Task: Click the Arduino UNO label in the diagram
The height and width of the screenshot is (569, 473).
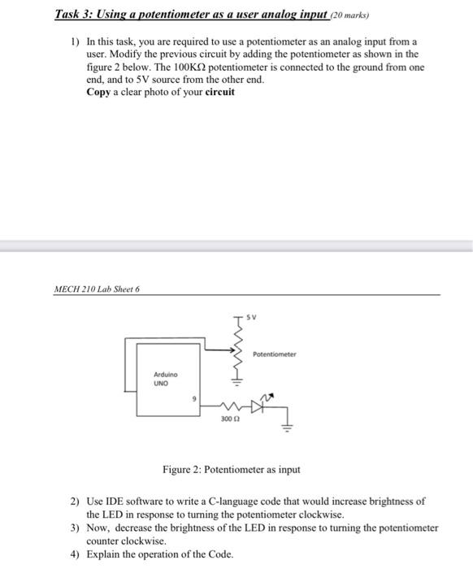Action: click(165, 378)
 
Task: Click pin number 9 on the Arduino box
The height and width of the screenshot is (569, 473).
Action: click(195, 397)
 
